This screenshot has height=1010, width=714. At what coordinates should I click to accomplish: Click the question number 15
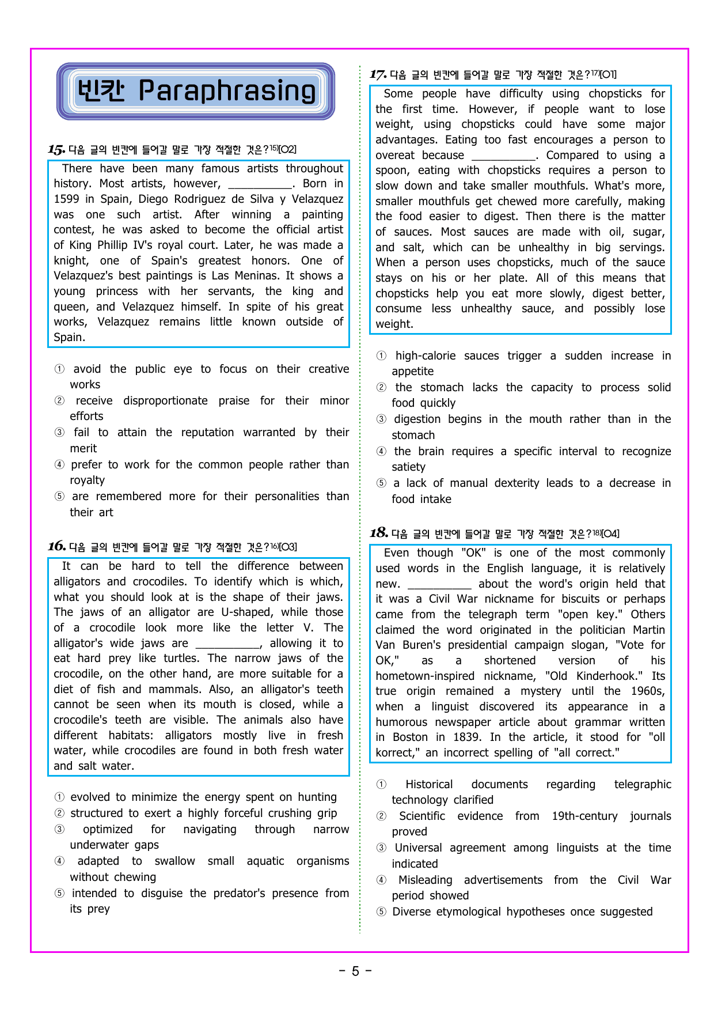pyautogui.click(x=56, y=150)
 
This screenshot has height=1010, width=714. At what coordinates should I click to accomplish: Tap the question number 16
pyautogui.click(x=56, y=546)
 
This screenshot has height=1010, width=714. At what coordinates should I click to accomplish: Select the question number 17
pyautogui.click(x=378, y=74)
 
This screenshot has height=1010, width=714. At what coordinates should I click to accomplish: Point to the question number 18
pyautogui.click(x=378, y=533)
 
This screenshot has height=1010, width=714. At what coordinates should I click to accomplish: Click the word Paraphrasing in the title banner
pyautogui.click(x=227, y=91)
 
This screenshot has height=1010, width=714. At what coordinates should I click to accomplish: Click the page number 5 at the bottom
pyautogui.click(x=355, y=971)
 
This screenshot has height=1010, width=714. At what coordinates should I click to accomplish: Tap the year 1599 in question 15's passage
pyautogui.click(x=67, y=199)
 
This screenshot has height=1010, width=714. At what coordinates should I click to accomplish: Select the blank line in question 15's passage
pyautogui.click(x=260, y=185)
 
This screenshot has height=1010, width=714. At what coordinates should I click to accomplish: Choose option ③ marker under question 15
pyautogui.click(x=59, y=433)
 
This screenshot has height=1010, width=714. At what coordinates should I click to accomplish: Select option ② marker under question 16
pyautogui.click(x=59, y=814)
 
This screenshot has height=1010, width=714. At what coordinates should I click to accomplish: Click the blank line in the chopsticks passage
pyautogui.click(x=504, y=156)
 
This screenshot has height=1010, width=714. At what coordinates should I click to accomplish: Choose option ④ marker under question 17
pyautogui.click(x=381, y=452)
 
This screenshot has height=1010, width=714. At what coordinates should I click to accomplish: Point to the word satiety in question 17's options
pyautogui.click(x=408, y=467)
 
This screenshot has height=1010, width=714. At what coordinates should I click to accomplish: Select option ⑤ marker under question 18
pyautogui.click(x=381, y=912)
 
